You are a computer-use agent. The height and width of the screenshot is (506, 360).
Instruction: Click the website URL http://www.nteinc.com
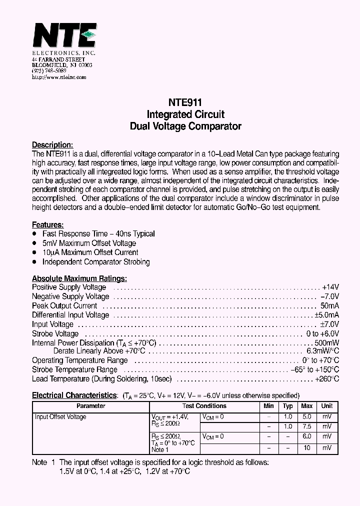click(x=59, y=77)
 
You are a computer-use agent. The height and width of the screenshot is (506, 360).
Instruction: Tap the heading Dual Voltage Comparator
click(x=185, y=126)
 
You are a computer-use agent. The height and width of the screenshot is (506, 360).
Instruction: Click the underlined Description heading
click(x=52, y=145)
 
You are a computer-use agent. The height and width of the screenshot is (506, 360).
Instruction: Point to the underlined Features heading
click(x=48, y=225)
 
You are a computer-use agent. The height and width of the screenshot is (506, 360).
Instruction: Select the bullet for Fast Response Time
click(x=34, y=234)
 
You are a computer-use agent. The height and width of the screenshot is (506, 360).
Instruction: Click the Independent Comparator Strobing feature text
click(x=96, y=262)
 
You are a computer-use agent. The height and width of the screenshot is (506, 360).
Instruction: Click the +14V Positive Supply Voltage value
click(x=330, y=287)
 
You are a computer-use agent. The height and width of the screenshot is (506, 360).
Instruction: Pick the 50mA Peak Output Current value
click(x=329, y=306)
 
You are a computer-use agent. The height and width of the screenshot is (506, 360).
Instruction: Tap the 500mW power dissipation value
click(x=327, y=343)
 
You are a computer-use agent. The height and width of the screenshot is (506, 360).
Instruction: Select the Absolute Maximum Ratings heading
click(x=79, y=278)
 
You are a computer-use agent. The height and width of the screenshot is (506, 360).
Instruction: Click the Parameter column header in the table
click(x=91, y=406)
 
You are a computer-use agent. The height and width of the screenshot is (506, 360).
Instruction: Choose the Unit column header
click(x=327, y=406)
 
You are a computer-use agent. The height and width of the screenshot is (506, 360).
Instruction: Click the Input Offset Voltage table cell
click(x=60, y=417)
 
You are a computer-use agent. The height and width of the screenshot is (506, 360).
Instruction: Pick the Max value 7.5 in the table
click(x=307, y=426)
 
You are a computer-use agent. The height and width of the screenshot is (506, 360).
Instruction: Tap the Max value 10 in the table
click(x=307, y=448)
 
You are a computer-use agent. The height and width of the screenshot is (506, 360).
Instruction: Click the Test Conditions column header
click(x=204, y=406)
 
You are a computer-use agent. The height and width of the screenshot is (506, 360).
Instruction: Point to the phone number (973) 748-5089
click(x=49, y=71)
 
